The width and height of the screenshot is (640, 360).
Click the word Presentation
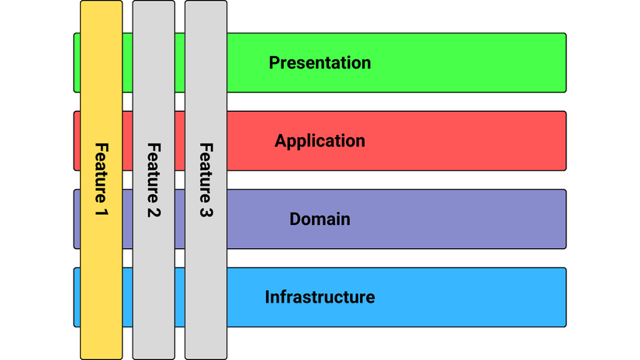click(x=320, y=63)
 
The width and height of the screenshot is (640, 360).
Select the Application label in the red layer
click(x=320, y=141)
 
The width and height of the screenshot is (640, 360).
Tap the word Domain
click(x=320, y=220)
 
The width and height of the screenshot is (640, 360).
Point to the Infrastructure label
click(x=320, y=297)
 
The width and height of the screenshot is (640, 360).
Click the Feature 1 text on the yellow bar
click(x=102, y=179)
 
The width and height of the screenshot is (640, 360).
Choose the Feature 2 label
click(x=154, y=179)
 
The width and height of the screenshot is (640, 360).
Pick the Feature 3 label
click(x=206, y=179)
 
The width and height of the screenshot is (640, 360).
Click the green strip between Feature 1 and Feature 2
click(x=127, y=63)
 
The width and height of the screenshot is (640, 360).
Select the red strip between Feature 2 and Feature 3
click(x=179, y=141)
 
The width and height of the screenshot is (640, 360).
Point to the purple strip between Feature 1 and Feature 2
click(x=127, y=220)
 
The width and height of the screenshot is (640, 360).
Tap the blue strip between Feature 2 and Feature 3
click(x=179, y=297)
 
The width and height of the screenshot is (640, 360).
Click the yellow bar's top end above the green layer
click(x=101, y=16)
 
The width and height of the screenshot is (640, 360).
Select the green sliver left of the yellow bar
click(x=77, y=63)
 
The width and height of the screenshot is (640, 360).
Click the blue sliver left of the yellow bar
click(x=77, y=297)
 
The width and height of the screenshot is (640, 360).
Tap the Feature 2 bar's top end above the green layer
click(x=154, y=16)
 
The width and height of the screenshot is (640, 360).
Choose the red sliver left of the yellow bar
click(x=77, y=141)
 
